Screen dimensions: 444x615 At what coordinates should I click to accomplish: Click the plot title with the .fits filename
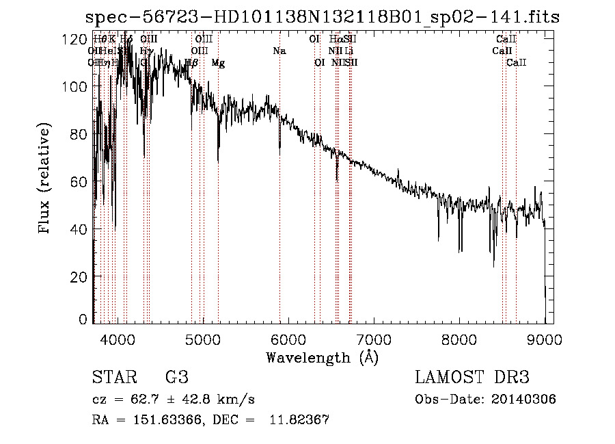(x=321, y=18)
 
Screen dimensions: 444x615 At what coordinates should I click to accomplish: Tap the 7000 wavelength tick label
(x=374, y=337)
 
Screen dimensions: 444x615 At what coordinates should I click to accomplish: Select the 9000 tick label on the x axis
(x=545, y=337)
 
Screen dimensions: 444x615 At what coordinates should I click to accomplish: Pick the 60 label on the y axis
(x=79, y=182)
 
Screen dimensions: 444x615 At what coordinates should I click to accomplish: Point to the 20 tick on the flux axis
(x=79, y=277)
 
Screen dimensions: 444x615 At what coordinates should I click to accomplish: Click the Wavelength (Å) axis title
(x=322, y=357)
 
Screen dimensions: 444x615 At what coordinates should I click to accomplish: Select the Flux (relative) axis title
(x=46, y=179)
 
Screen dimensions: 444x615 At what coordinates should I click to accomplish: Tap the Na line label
(x=279, y=51)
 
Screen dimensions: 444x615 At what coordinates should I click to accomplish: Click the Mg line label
(x=218, y=63)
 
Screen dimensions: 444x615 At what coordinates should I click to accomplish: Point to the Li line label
(x=348, y=51)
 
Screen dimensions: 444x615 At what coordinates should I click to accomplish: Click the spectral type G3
(x=176, y=378)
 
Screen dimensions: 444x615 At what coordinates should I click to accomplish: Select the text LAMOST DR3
(x=472, y=378)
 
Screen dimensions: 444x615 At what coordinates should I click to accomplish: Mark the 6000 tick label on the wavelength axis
(x=288, y=337)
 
